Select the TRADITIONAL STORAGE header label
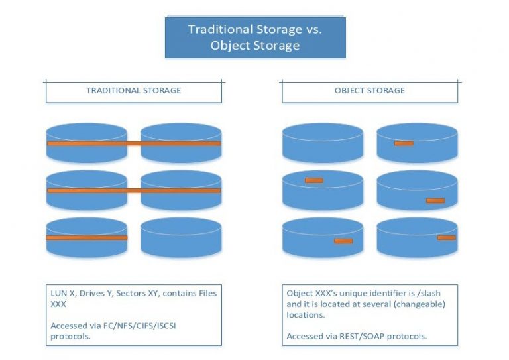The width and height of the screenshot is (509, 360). [x=133, y=90]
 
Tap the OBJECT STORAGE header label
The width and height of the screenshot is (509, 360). [x=369, y=90]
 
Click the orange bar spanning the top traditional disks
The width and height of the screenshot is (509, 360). [x=133, y=143]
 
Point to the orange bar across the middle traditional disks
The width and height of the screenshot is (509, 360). [x=133, y=190]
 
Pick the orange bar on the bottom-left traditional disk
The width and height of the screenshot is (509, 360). [x=86, y=237]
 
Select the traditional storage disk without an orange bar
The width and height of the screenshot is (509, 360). [x=180, y=237]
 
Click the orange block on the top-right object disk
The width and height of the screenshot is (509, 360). [x=403, y=143]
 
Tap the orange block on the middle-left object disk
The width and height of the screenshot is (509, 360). [x=313, y=180]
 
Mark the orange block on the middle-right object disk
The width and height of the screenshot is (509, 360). [x=435, y=200]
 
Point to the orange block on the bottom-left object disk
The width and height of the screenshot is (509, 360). [x=343, y=241]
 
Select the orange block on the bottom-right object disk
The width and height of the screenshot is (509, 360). [x=446, y=237]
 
